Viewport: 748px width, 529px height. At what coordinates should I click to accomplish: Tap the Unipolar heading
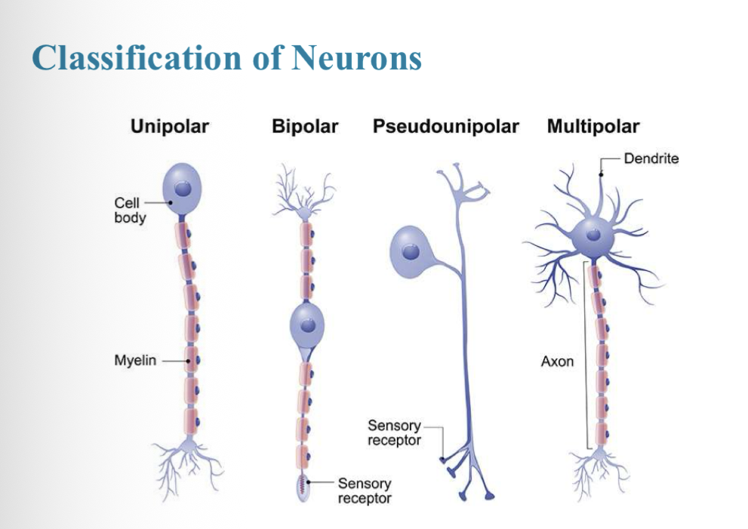coord(170,126)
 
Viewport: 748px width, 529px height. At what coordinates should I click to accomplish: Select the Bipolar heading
coord(304,126)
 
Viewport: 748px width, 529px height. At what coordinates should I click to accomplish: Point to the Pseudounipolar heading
coord(445,126)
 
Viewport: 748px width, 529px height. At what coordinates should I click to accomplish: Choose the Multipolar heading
coord(593,126)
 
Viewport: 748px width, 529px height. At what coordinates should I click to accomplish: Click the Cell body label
coord(130,210)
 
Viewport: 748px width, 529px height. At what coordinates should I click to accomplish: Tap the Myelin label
coord(135,361)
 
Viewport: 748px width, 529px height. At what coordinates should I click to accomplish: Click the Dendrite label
coord(651,158)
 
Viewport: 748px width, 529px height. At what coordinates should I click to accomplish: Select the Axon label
coord(557,361)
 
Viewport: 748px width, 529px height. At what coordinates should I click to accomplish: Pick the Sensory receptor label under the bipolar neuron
coord(365,491)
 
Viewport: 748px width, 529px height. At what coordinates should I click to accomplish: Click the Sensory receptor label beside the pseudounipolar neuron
coord(394,433)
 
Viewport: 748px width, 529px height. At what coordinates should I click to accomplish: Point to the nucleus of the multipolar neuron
coord(595,235)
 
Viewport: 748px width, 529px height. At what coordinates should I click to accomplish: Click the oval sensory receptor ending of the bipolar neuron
coord(303,487)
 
